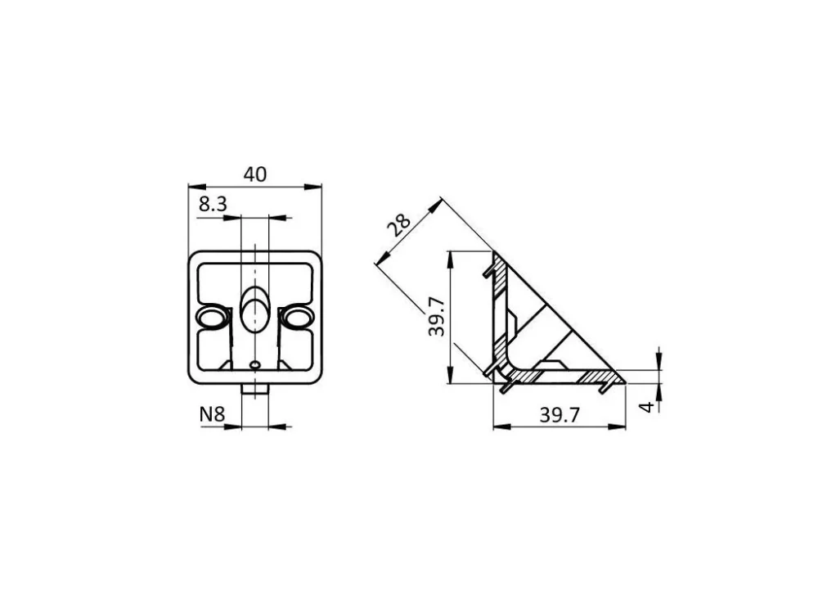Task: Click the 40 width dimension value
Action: pos(255,174)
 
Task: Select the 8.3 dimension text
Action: pos(213,204)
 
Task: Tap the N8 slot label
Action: pos(212,414)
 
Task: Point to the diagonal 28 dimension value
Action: pos(398,225)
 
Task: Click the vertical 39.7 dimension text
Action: pos(436,316)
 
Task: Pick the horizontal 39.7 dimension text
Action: pos(560,415)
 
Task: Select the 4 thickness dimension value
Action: pos(646,407)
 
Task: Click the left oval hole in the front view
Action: pos(211,318)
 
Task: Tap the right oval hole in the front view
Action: pos(298,318)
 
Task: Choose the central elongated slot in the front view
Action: pos(255,309)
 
